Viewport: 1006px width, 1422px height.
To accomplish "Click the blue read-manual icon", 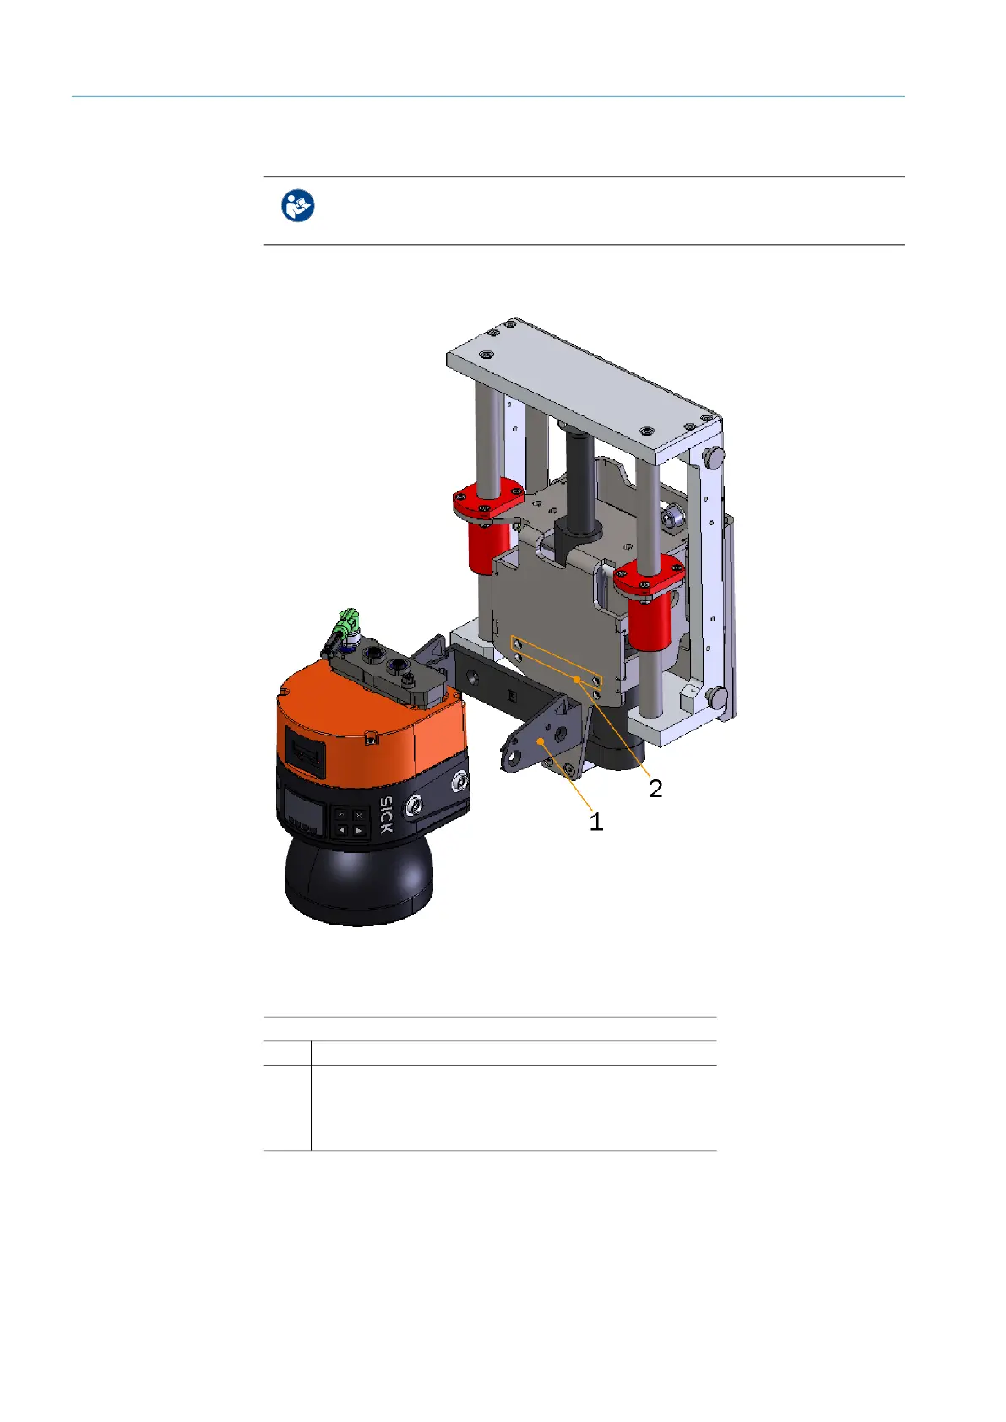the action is [297, 205].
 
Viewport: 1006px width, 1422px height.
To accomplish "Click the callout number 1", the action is [595, 822].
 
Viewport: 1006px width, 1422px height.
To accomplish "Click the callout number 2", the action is [655, 789].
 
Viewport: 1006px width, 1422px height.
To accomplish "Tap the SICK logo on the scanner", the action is [386, 815].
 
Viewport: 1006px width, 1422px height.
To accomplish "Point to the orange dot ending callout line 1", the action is [541, 741].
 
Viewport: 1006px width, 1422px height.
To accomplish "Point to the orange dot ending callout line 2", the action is [577, 680].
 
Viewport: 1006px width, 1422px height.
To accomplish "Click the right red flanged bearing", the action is [649, 600].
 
